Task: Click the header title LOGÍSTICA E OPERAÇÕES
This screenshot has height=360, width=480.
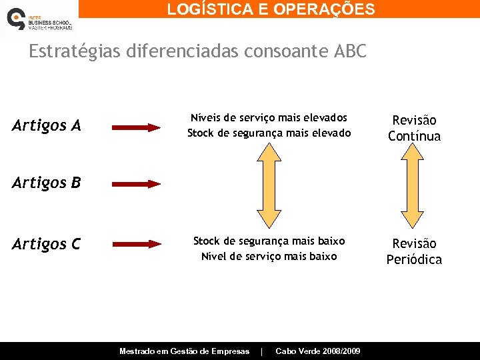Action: point(271,9)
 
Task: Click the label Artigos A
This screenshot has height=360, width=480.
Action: point(47,125)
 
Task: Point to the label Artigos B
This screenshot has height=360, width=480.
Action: point(47,182)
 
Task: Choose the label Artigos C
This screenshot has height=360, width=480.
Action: point(47,245)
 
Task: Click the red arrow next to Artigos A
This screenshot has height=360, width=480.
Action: point(136,127)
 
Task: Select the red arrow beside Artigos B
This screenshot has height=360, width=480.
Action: point(136,183)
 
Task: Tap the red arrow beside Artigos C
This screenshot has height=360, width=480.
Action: point(136,245)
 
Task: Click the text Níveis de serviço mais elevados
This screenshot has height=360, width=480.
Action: point(269,117)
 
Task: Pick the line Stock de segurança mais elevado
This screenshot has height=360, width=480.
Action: point(269,133)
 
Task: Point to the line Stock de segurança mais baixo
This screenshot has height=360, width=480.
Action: point(269,241)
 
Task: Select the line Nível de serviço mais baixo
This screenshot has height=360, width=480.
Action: point(269,257)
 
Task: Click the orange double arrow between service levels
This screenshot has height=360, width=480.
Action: point(269,187)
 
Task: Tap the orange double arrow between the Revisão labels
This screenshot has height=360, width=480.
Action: point(413,187)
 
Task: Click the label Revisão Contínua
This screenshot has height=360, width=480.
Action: point(414,128)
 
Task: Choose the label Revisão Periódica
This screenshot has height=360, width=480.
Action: point(414,251)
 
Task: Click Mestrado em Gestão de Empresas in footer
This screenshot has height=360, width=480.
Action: point(184,351)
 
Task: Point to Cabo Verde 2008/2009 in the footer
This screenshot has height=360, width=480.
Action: point(318,351)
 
